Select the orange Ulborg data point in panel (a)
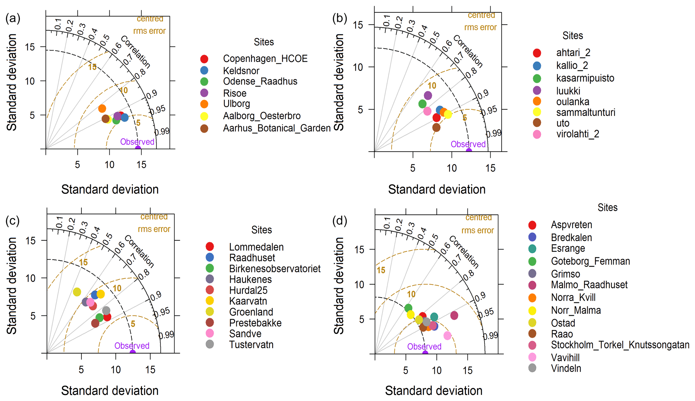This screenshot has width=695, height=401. point(102,108)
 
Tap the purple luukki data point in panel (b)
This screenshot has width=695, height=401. point(428,96)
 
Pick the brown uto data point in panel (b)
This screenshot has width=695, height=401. point(436,128)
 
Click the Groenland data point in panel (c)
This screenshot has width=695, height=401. point(77,292)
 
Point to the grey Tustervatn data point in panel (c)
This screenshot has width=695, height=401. point(106,311)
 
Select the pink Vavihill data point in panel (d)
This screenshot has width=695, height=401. point(447,335)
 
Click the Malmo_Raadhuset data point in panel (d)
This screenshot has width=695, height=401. point(454,315)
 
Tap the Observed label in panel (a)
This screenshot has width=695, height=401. point(137,142)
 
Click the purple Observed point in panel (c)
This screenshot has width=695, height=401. point(133,353)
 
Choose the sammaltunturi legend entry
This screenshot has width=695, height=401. point(585,112)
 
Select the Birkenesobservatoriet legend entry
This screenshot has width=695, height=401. point(275,269)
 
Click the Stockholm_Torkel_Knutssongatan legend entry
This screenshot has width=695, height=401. point(620,345)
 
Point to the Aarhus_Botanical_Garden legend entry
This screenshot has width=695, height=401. point(277,128)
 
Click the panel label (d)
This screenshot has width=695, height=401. point(340,221)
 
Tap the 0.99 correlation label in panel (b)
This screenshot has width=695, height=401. point(494,134)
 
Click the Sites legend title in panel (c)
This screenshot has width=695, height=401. point(261,230)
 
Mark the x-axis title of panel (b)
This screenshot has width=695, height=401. point(436,190)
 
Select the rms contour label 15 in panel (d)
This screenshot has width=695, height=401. point(381,270)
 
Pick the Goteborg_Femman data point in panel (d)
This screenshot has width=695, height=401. point(408,308)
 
